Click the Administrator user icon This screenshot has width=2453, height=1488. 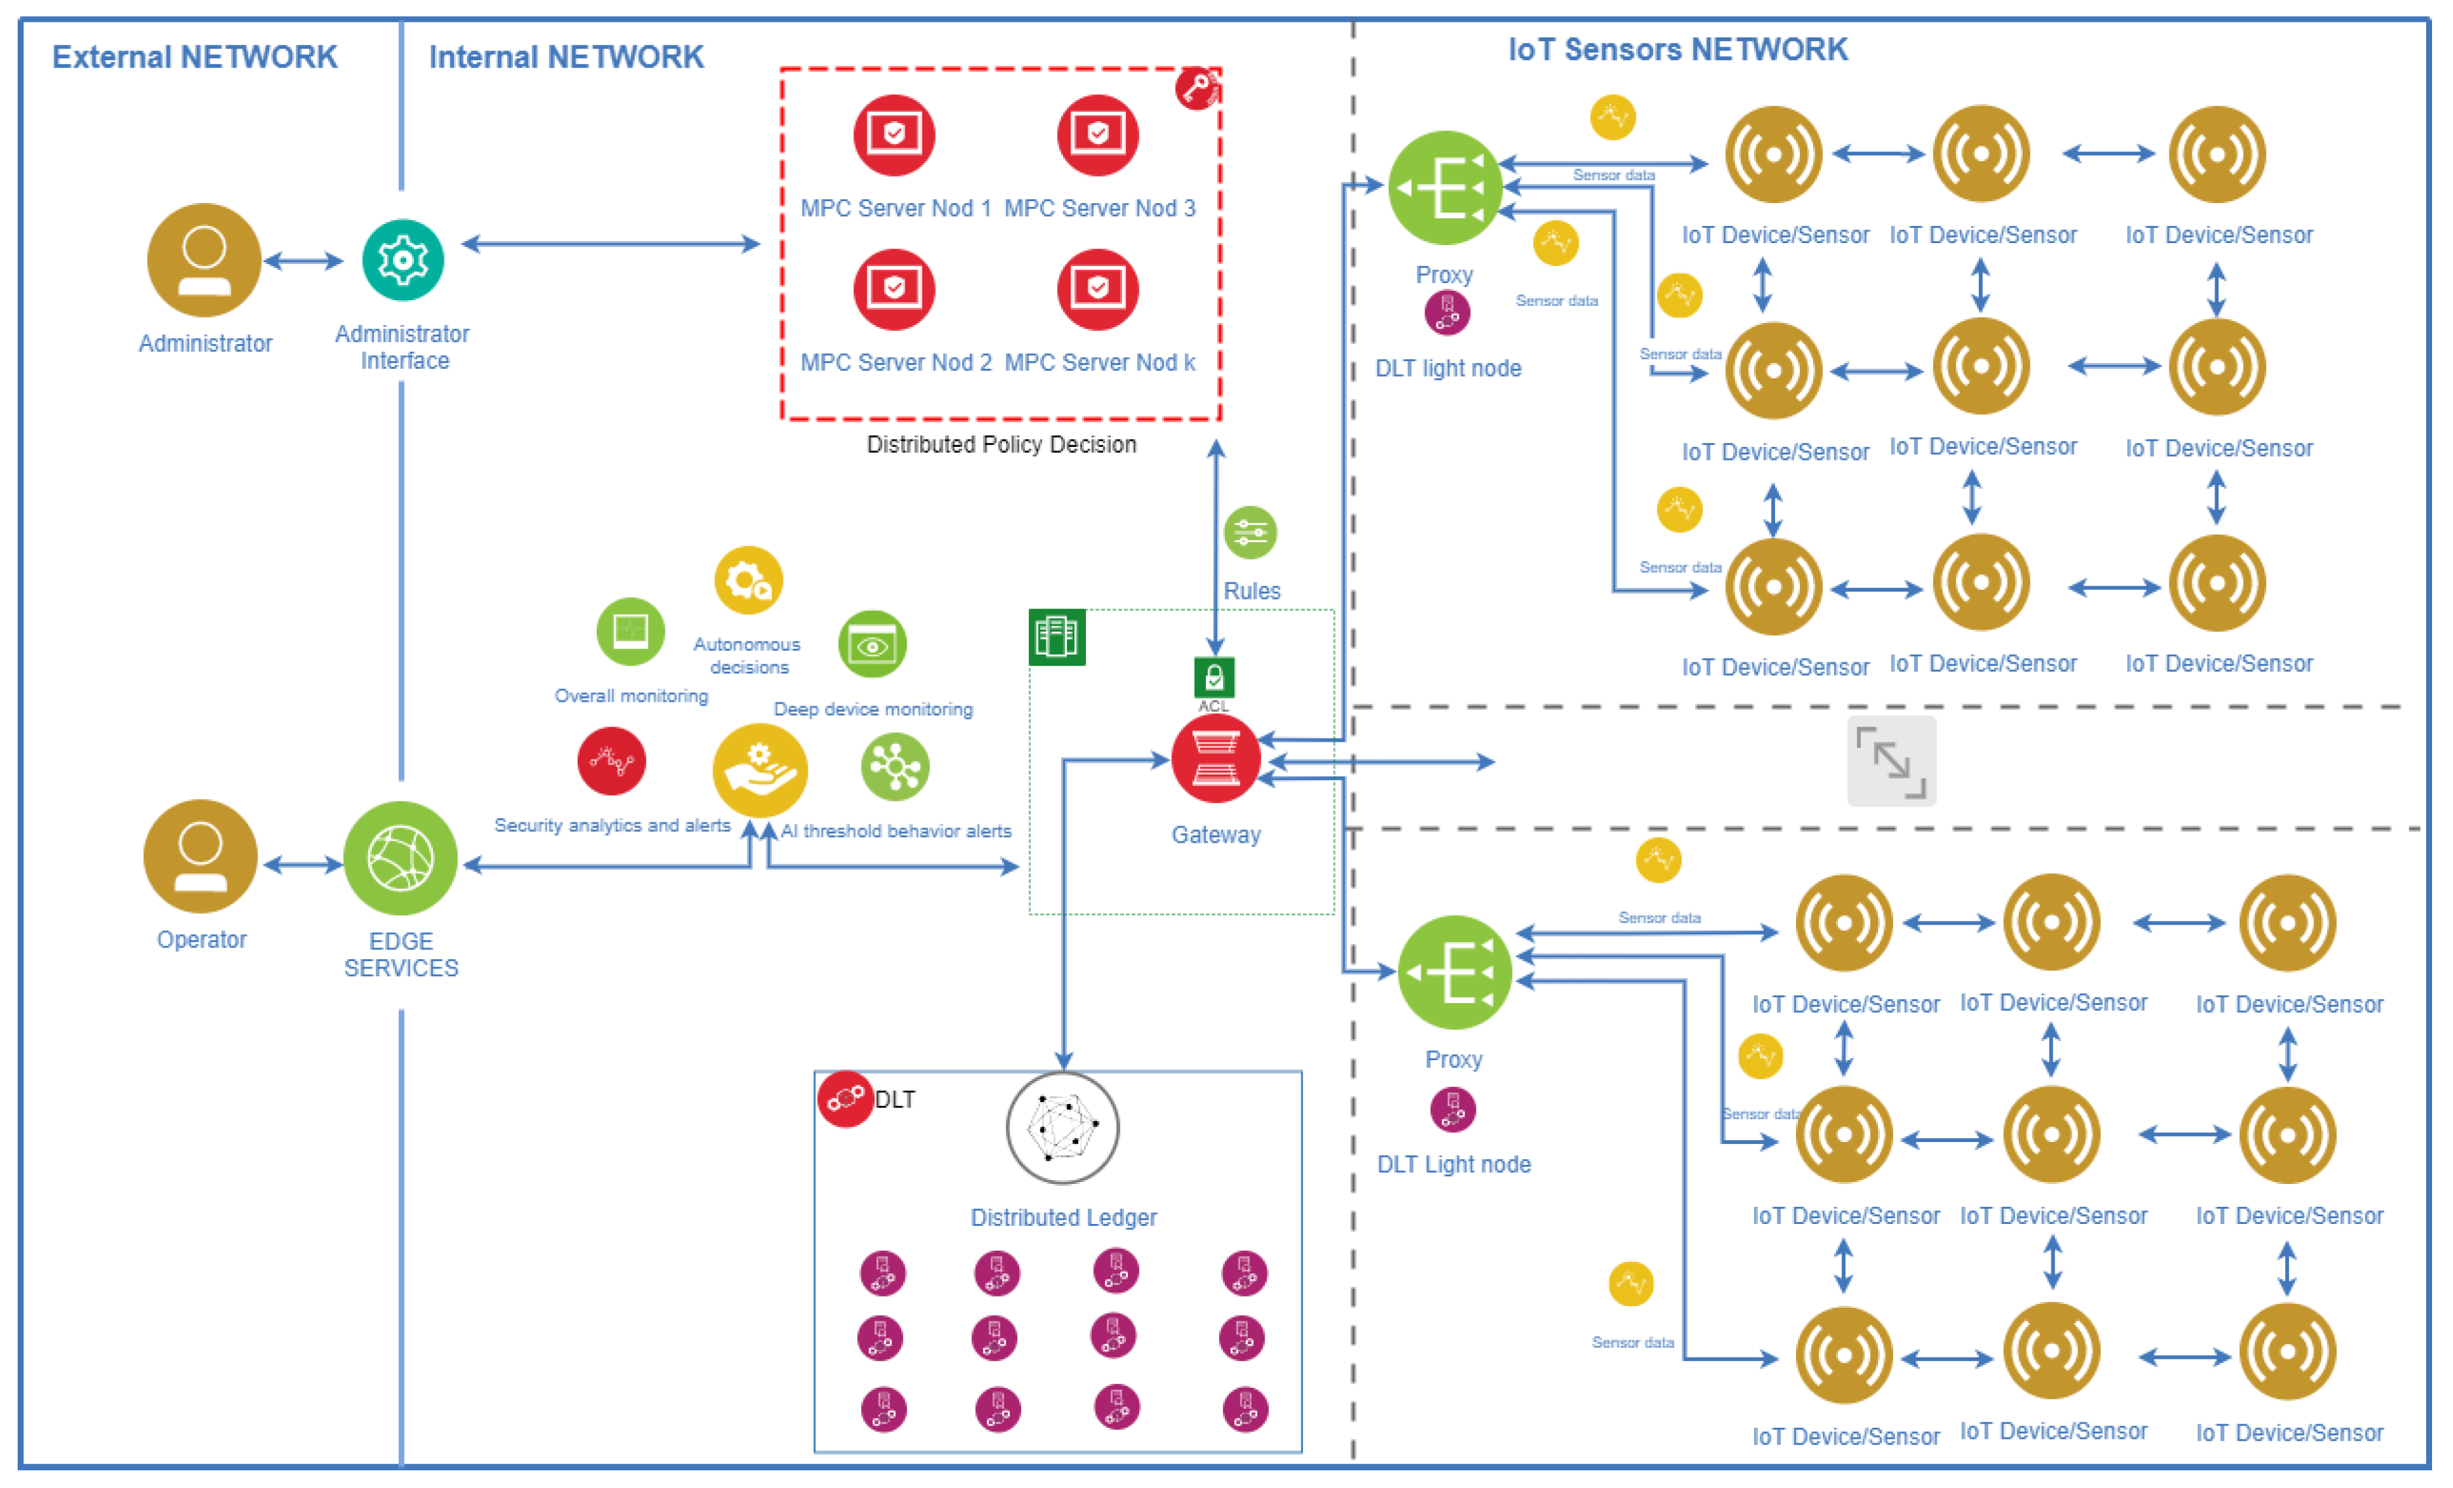coord(204,260)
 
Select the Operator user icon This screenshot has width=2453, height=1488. coord(200,856)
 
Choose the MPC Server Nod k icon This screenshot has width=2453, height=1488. coord(1097,289)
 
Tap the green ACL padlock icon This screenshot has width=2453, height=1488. coord(1214,677)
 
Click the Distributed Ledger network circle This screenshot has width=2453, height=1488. coord(1062,1128)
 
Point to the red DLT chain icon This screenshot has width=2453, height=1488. coord(844,1099)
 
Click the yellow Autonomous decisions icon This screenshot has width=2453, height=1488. coord(749,581)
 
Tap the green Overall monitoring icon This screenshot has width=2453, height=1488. coord(630,632)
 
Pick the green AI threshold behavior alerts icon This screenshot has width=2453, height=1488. coord(894,767)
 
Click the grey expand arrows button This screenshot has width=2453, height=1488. coord(1890,761)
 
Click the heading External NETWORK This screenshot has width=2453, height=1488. coord(195,57)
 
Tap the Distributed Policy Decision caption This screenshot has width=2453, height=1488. coord(1000,444)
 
